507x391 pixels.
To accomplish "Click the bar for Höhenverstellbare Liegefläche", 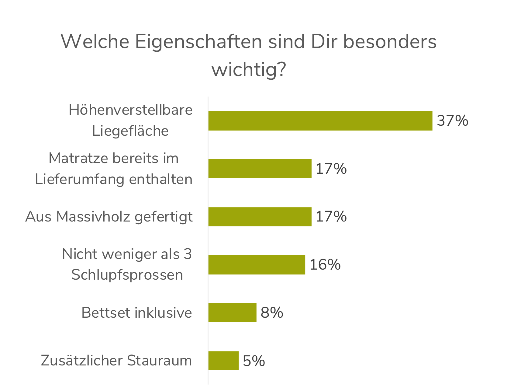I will tap(320, 120).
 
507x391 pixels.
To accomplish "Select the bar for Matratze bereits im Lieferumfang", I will tap(260, 169).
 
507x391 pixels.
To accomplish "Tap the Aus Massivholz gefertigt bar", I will tap(260, 217).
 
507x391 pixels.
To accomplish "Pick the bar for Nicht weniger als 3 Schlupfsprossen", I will tap(257, 265).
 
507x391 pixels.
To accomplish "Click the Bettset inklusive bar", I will tap(232, 312).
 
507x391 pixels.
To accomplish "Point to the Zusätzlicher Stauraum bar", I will tap(223, 361).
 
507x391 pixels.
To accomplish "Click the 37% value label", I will tap(452, 120).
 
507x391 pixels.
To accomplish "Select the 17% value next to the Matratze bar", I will tap(331, 169).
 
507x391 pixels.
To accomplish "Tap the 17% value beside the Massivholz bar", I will tap(331, 217).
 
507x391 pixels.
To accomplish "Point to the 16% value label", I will tap(325, 265).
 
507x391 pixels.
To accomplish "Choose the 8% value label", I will tap(272, 312).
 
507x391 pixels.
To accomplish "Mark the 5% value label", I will tap(254, 361).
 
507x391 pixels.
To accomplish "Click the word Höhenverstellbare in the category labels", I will tap(130, 110).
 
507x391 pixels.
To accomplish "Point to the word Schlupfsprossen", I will tap(127, 275).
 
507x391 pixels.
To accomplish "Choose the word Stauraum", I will tap(159, 361).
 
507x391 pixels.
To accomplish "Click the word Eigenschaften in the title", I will tap(198, 41).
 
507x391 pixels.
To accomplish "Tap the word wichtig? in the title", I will tap(249, 69).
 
